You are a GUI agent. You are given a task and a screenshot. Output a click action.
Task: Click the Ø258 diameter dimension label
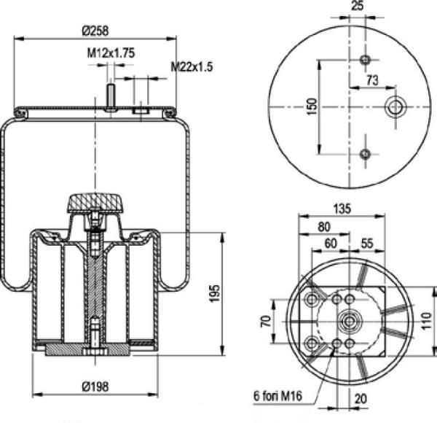[x=95, y=31]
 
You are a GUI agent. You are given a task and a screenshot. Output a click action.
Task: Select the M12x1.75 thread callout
[x=111, y=53]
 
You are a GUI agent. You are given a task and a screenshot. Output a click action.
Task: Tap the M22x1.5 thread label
[x=192, y=66]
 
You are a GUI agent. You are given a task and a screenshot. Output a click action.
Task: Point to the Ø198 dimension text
[x=95, y=387]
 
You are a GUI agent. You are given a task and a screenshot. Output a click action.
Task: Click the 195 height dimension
[x=215, y=293]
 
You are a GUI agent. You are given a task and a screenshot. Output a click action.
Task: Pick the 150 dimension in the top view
[x=312, y=106]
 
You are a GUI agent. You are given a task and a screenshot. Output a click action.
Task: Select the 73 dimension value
[x=373, y=80]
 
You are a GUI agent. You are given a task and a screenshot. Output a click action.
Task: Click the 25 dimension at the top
[x=358, y=6]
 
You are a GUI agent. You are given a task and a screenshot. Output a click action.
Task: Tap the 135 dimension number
[x=342, y=209]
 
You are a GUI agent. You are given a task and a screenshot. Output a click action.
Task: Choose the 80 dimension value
[x=324, y=227]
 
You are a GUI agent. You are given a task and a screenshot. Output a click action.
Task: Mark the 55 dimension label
[x=367, y=244]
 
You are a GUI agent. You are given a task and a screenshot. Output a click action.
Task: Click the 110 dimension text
[x=426, y=321]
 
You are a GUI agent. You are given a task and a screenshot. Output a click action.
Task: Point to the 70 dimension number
[x=266, y=321]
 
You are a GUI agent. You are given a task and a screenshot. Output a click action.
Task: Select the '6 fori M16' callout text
[x=277, y=396]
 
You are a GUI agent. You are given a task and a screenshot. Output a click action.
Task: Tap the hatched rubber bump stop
[x=95, y=203]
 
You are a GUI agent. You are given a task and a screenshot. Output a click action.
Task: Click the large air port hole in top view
[x=395, y=107]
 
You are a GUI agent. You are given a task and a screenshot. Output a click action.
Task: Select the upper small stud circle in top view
[x=365, y=60]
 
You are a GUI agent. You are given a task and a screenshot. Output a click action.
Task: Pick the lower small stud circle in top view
[x=365, y=154]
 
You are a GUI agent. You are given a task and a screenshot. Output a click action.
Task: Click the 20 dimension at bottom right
[x=361, y=399]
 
